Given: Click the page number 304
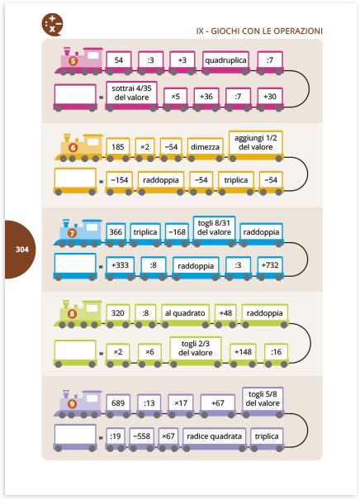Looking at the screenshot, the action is [x=22, y=250].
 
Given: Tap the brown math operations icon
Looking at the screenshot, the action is [x=52, y=24].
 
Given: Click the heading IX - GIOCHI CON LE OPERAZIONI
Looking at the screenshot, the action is [x=259, y=31].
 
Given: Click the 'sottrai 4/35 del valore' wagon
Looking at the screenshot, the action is [x=131, y=96].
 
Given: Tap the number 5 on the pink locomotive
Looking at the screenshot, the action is [x=73, y=60].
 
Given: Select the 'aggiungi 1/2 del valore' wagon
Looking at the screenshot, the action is [x=255, y=145].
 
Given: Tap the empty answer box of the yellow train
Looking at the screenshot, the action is [x=75, y=181].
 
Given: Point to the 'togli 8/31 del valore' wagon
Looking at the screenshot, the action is [x=214, y=231].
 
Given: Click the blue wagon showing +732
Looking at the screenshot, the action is [x=270, y=268].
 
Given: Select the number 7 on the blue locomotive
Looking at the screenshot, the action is [x=72, y=233].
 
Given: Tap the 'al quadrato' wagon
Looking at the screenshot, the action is [x=185, y=316].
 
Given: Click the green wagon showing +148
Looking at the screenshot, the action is [x=243, y=355].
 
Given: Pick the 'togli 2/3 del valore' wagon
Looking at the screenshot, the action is [x=196, y=351].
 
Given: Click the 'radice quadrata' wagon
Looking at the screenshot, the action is [x=215, y=439].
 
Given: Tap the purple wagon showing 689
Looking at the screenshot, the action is [x=118, y=406].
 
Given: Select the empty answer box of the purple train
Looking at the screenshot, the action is [x=75, y=437].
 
